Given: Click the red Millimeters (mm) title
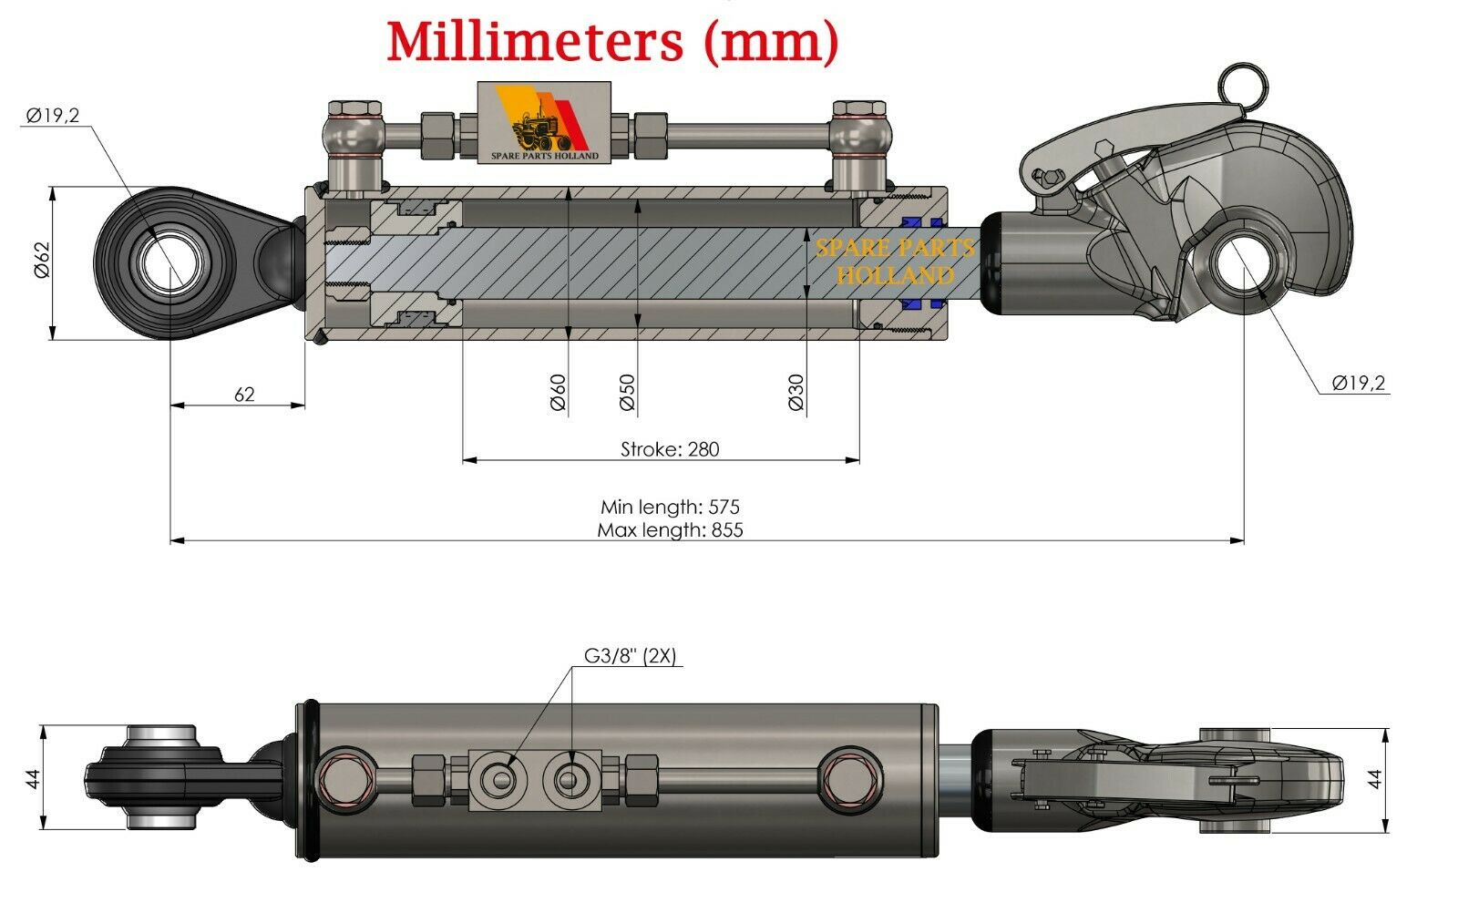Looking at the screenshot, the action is pos(612,42).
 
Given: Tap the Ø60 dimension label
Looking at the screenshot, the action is pos(559,393).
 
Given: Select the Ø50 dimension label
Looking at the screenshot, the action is pos(627,393).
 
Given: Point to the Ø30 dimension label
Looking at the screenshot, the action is pos(796,393).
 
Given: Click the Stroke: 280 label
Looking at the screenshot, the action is pos(670,449).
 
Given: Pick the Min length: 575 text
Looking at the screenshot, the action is pos(670,507).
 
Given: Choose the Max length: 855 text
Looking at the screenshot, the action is pos(670,530).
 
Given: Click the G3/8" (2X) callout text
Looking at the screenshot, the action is pos(630,655).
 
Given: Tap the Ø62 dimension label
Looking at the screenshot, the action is pos(42,260).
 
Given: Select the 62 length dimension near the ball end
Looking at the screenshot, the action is pos(244,395).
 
